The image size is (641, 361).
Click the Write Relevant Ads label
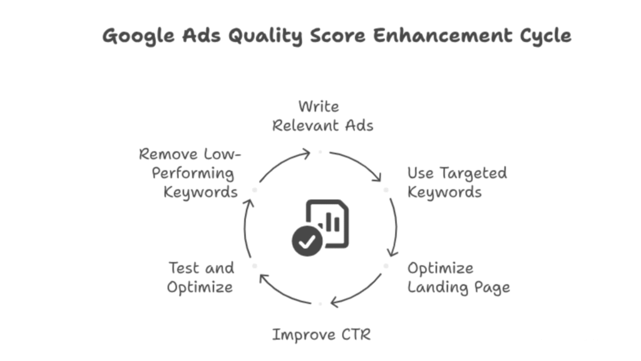[322, 116]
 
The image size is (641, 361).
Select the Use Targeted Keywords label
[456, 182]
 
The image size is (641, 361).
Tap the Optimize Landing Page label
[458, 278]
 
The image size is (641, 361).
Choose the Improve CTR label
[321, 335]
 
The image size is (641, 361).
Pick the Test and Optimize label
[201, 278]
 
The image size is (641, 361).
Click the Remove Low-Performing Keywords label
[189, 173]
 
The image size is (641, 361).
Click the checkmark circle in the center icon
[307, 241]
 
